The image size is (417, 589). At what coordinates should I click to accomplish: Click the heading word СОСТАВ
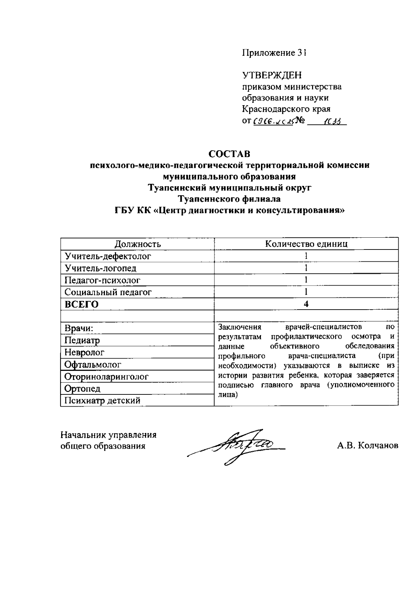(229, 154)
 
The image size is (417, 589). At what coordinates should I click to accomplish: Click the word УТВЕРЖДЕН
(272, 75)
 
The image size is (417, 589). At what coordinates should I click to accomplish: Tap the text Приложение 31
(275, 53)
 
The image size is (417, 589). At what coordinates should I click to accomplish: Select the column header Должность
(138, 244)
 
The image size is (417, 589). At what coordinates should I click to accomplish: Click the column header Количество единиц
(306, 244)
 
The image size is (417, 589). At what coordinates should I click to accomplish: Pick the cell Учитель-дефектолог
(108, 256)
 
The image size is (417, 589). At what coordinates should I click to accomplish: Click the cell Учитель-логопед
(100, 268)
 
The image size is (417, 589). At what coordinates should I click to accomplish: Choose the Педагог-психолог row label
(103, 280)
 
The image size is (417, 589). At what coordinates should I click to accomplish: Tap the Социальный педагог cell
(108, 292)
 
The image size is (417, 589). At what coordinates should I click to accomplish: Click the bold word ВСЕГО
(82, 304)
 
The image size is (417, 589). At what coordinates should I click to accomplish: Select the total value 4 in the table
(306, 304)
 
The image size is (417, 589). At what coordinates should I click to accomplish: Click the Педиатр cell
(82, 341)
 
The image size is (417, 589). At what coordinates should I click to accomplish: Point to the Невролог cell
(84, 352)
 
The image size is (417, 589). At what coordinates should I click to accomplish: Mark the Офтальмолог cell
(93, 365)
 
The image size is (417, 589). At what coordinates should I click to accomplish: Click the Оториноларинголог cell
(106, 377)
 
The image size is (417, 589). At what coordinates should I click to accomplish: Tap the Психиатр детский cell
(103, 401)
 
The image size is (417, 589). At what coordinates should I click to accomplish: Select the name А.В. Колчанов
(367, 446)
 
